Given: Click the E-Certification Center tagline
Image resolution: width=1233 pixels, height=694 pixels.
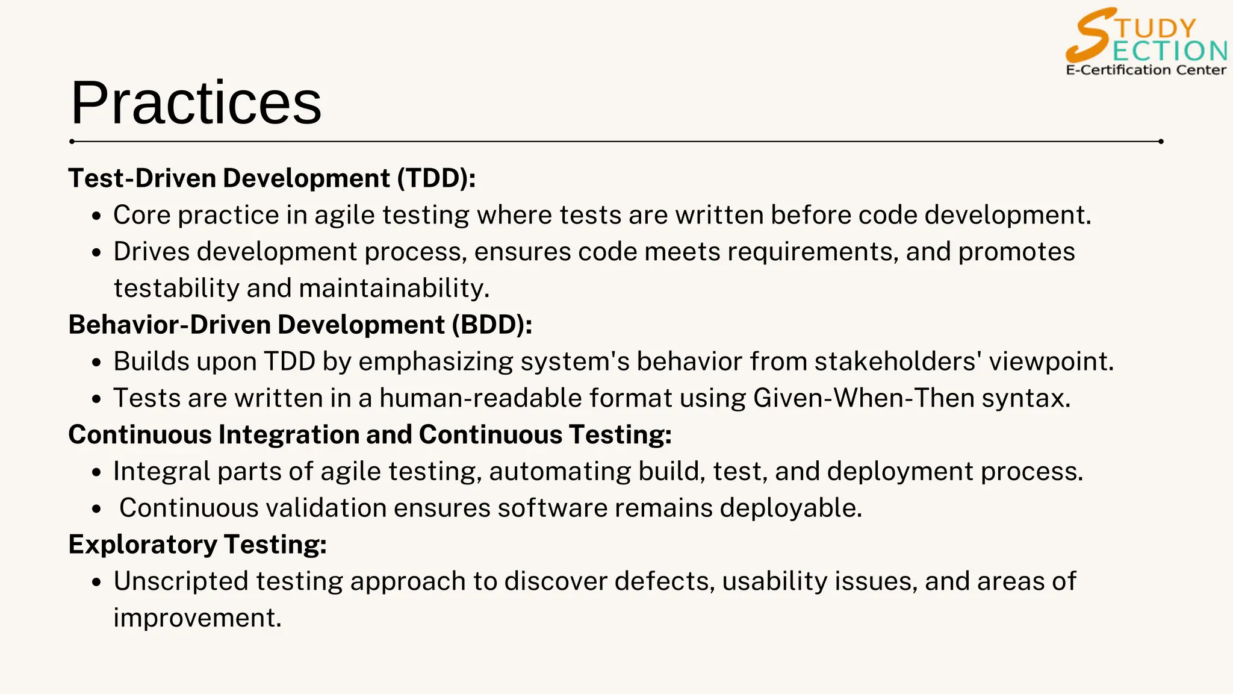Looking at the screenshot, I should click(1146, 70).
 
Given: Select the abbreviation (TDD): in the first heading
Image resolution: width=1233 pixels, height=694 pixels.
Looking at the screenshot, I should click(436, 178).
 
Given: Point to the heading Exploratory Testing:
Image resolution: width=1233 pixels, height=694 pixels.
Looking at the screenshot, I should click(197, 545).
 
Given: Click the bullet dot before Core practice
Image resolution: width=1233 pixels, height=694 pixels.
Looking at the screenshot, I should click(97, 217).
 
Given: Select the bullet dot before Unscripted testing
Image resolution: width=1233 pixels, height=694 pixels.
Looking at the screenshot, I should click(97, 583).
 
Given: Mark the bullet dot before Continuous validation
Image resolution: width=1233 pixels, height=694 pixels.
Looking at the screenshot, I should click(97, 510).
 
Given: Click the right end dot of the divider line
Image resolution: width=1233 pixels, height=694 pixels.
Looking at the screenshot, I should click(1161, 142).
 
